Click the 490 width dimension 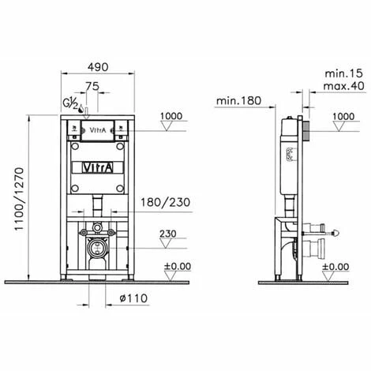pyautogui.click(x=98, y=67)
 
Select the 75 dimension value pyautogui.click(x=92, y=86)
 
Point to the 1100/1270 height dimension pyautogui.click(x=19, y=199)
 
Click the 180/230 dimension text pyautogui.click(x=165, y=202)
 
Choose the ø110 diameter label pyautogui.click(x=133, y=298)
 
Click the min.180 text pyautogui.click(x=238, y=100)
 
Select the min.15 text pyautogui.click(x=343, y=73)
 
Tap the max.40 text pyautogui.click(x=343, y=86)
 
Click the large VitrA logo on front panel pyautogui.click(x=98, y=168)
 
